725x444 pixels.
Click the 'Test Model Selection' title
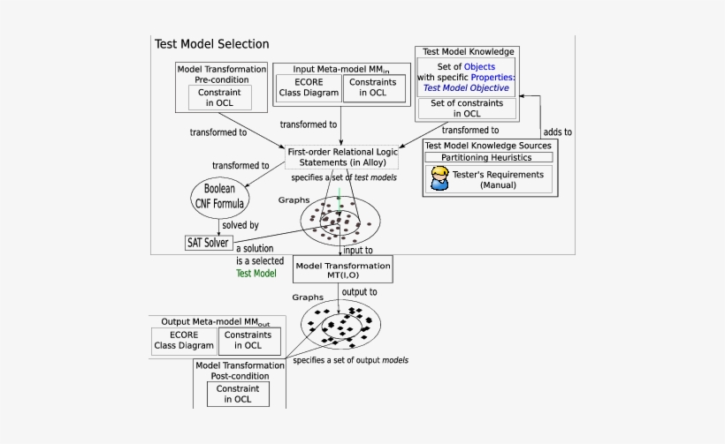point(212,44)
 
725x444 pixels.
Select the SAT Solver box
point(207,242)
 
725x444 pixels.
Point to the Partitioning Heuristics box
point(489,157)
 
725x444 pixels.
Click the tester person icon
point(439,180)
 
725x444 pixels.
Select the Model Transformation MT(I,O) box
point(342,270)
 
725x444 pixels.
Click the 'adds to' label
point(555,132)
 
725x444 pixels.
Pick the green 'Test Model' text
point(256,274)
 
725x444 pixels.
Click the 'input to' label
point(357,250)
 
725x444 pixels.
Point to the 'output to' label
point(360,291)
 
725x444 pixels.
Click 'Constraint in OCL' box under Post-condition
point(238,394)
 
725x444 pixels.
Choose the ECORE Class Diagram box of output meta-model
point(184,340)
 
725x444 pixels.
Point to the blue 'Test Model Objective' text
point(466,87)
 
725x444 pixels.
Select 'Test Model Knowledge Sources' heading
point(488,145)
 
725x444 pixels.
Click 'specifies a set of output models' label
point(350,360)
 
